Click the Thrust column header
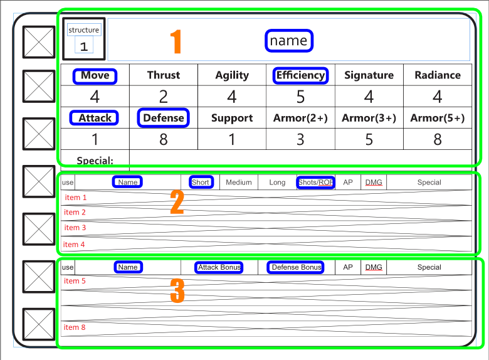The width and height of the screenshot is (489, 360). click(x=164, y=75)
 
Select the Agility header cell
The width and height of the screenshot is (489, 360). click(x=232, y=75)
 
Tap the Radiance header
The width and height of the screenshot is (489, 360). click(x=438, y=75)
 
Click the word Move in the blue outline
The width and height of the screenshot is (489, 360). click(x=95, y=76)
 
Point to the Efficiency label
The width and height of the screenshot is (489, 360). click(x=300, y=75)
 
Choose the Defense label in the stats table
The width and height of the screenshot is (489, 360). click(x=164, y=118)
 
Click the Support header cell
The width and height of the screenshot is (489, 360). click(x=232, y=118)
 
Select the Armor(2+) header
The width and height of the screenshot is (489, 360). click(x=300, y=118)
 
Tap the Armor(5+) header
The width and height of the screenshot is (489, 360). click(x=438, y=118)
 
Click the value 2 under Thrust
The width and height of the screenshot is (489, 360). click(x=164, y=97)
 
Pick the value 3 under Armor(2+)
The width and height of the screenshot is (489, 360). click(x=300, y=139)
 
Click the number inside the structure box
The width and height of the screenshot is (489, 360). click(x=84, y=46)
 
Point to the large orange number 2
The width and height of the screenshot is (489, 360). click(x=177, y=203)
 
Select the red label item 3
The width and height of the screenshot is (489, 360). click(x=75, y=228)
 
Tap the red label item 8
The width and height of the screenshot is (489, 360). click(x=75, y=327)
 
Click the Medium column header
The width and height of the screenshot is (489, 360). click(x=239, y=183)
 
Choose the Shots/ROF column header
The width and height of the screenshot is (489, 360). click(x=316, y=183)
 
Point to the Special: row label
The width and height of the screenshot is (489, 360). click(x=95, y=161)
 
